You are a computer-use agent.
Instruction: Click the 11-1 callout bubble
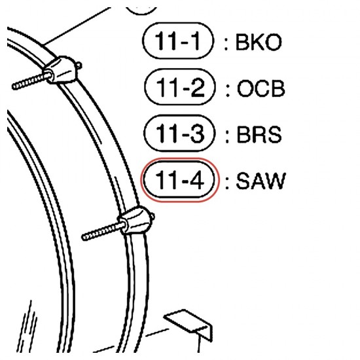pyautogui.click(x=178, y=41)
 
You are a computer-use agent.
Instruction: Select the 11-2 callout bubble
pyautogui.click(x=180, y=87)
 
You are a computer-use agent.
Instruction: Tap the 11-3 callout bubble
pyautogui.click(x=179, y=133)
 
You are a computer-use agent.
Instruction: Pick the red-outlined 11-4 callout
pyautogui.click(x=180, y=180)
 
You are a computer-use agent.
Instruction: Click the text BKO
pyautogui.click(x=259, y=43)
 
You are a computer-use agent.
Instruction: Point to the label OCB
pyautogui.click(x=261, y=88)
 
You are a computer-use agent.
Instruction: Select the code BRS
pyautogui.click(x=259, y=134)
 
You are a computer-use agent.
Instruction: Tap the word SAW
pyautogui.click(x=261, y=181)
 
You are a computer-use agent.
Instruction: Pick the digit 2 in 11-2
pyautogui.click(x=196, y=87)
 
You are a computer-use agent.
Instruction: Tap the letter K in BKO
pyautogui.click(x=257, y=43)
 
